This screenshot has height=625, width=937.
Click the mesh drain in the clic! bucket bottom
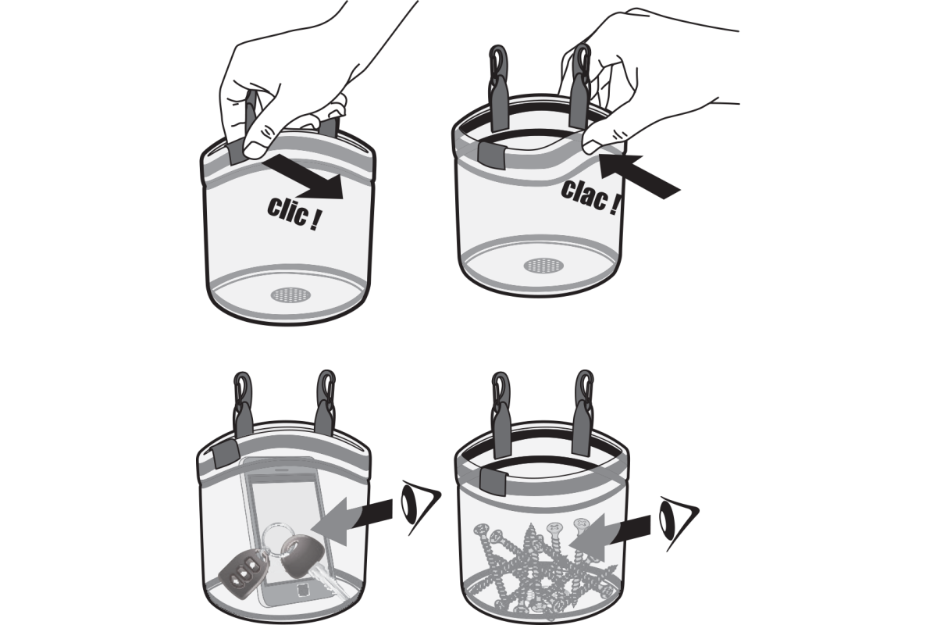click(x=291, y=295)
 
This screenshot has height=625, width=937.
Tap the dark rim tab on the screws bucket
click(x=493, y=480)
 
